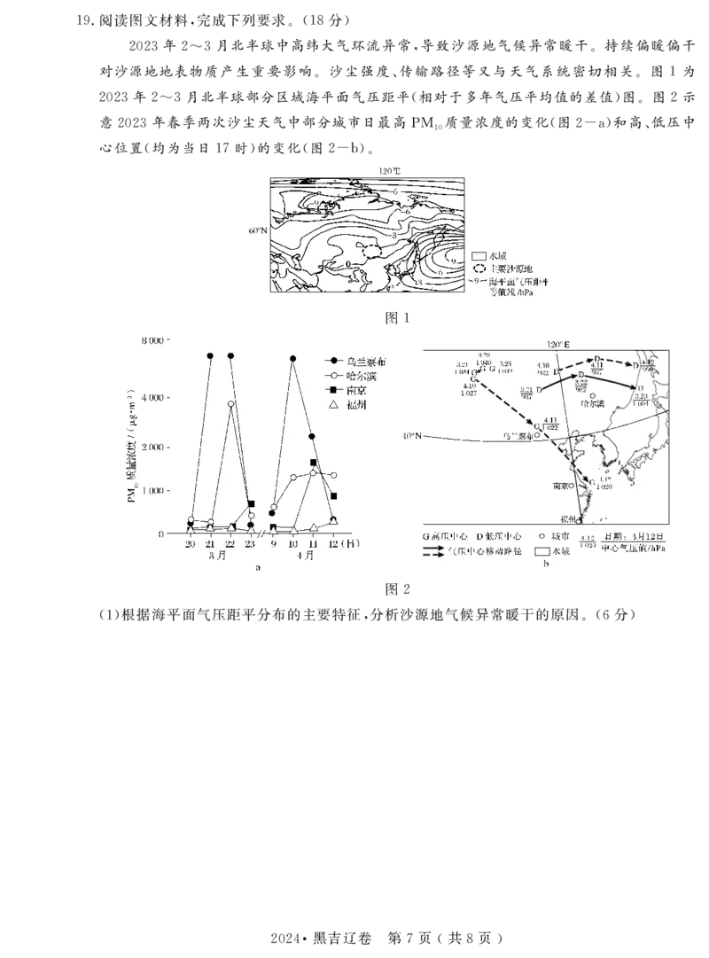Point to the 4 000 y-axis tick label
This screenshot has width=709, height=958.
tap(152, 398)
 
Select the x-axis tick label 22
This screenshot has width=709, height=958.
tap(230, 545)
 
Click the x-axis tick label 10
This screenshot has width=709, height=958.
tap(293, 545)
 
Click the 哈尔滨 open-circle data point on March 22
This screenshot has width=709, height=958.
tap(230, 404)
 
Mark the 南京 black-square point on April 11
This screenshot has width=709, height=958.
tap(314, 463)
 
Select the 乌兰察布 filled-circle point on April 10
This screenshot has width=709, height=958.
tap(293, 359)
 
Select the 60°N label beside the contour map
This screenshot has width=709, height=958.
tap(257, 230)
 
